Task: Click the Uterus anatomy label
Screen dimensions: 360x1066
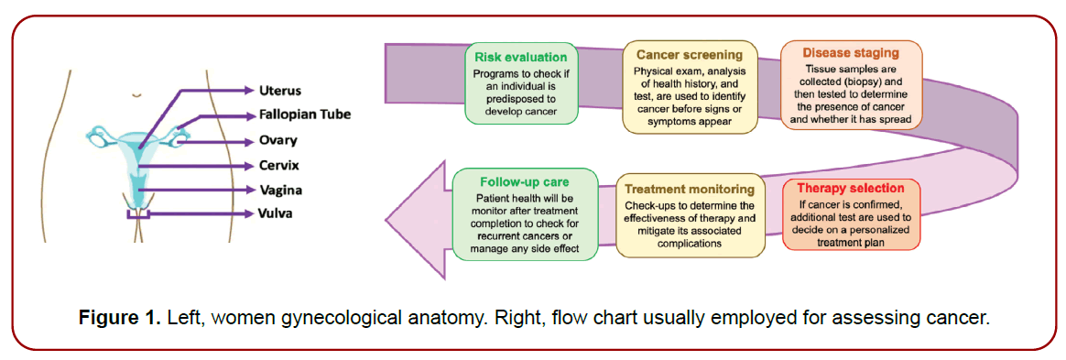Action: coord(279,91)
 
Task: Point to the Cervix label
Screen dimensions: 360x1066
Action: coord(278,166)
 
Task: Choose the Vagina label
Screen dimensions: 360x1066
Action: coord(280,190)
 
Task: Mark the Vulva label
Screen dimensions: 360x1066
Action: coord(277,213)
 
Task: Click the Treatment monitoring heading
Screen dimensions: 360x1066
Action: coord(690,189)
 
